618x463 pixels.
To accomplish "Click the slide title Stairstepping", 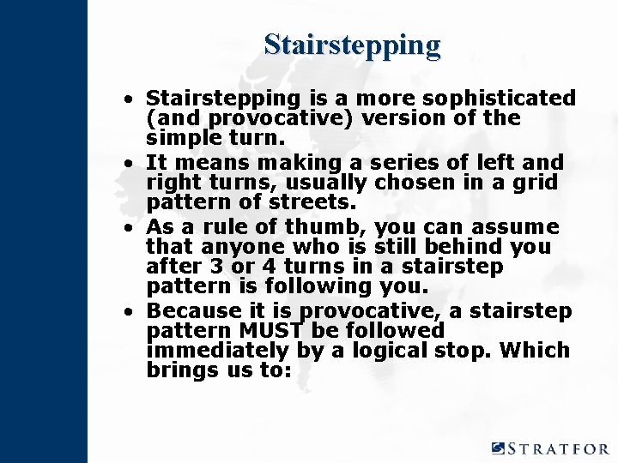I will click(x=352, y=44).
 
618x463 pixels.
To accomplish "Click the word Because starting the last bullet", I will click(x=193, y=310).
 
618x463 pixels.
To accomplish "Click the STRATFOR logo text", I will click(x=558, y=448).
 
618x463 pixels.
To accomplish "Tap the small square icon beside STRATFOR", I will click(x=499, y=448).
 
